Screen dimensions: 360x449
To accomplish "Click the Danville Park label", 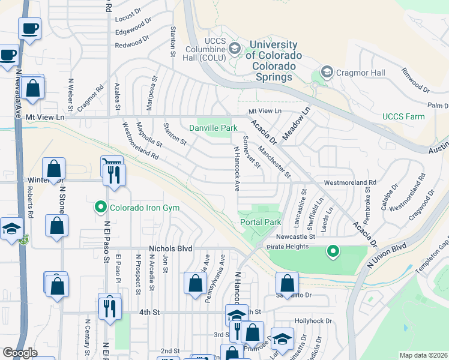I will click(x=213, y=128).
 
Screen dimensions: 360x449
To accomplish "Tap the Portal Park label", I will click(x=261, y=222).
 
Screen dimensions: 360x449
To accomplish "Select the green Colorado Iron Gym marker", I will click(x=100, y=208).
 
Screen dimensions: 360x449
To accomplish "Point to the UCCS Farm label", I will click(x=406, y=116).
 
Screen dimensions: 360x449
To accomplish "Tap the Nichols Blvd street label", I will click(x=170, y=248).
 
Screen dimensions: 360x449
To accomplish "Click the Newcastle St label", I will click(x=295, y=236).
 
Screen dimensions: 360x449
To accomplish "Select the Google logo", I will click(x=20, y=353).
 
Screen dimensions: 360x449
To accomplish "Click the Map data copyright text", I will click(x=423, y=355).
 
